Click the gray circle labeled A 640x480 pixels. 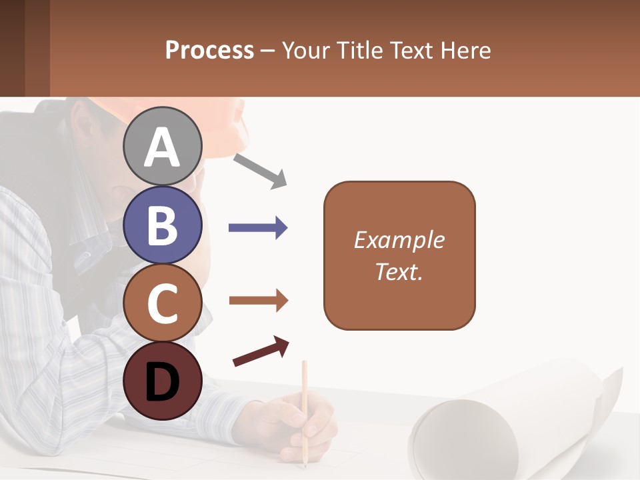[162, 146]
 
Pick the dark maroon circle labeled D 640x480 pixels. [162, 381]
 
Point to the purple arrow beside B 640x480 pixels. [258, 228]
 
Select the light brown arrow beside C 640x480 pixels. [258, 301]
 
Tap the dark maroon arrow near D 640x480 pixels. [261, 351]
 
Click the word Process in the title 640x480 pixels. [209, 51]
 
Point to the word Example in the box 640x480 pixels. [399, 240]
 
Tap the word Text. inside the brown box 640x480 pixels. [399, 271]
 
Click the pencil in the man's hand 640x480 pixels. [305, 400]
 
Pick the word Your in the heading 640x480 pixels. [304, 51]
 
